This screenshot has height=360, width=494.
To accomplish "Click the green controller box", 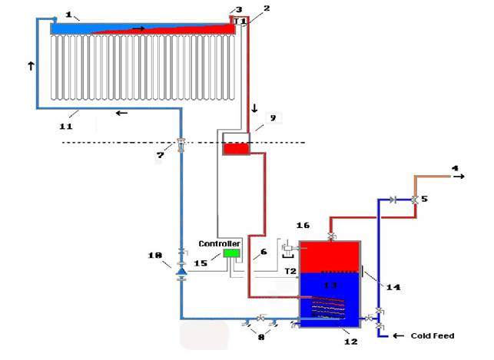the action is click(x=231, y=253).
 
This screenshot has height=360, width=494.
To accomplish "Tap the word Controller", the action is click(x=219, y=243).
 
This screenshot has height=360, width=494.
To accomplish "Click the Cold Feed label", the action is click(x=433, y=335).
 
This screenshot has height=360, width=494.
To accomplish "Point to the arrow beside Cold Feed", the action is click(x=398, y=335).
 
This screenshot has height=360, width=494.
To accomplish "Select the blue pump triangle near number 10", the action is click(x=181, y=271).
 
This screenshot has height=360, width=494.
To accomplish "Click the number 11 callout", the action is click(x=66, y=127).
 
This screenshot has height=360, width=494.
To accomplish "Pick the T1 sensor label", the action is click(x=240, y=21).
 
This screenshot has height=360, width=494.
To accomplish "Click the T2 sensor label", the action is click(x=290, y=271).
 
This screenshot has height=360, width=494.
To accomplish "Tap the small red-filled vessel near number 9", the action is click(x=237, y=149).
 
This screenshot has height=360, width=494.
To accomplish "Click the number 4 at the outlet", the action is click(x=455, y=168).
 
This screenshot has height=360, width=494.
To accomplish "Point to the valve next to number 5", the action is click(x=415, y=200).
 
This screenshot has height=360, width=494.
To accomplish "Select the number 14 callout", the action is click(x=393, y=287).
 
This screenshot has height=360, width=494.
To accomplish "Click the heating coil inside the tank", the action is click(x=327, y=307).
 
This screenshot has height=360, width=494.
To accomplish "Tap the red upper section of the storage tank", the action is click(x=330, y=256).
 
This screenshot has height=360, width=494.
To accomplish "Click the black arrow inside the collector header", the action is click(x=138, y=28).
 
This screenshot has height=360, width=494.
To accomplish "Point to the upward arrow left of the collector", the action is click(x=31, y=66).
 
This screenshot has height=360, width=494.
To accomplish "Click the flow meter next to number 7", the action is click(x=181, y=145).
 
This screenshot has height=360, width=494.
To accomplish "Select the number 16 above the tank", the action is click(x=303, y=226).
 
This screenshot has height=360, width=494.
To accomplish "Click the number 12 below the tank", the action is click(x=350, y=342).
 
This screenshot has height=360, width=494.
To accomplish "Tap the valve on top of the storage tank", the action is click(x=331, y=236).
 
